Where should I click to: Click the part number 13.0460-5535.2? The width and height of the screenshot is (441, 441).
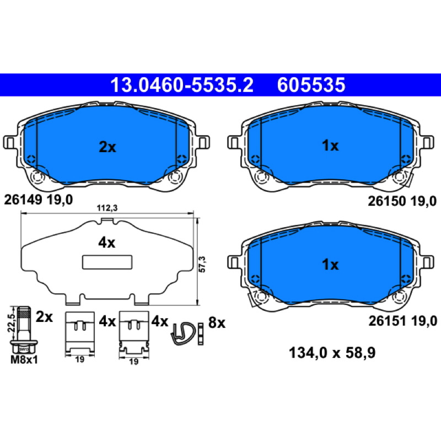coord(182,85)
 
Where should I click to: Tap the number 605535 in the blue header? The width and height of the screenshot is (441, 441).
coord(311,85)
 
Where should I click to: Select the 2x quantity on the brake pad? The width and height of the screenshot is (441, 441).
coord(107,147)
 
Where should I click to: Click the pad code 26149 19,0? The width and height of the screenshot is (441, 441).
coord(39,200)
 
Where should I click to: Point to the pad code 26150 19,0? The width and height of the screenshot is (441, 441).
coord(402,201)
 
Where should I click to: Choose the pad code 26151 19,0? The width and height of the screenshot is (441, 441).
coord(403,321)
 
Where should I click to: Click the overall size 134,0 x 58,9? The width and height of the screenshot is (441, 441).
coord(332,353)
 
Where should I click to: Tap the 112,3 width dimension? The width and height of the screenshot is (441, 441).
coord(107,208)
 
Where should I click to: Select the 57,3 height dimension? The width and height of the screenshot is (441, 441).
coord(202,264)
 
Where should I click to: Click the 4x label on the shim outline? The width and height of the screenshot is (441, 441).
coord(107,243)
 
